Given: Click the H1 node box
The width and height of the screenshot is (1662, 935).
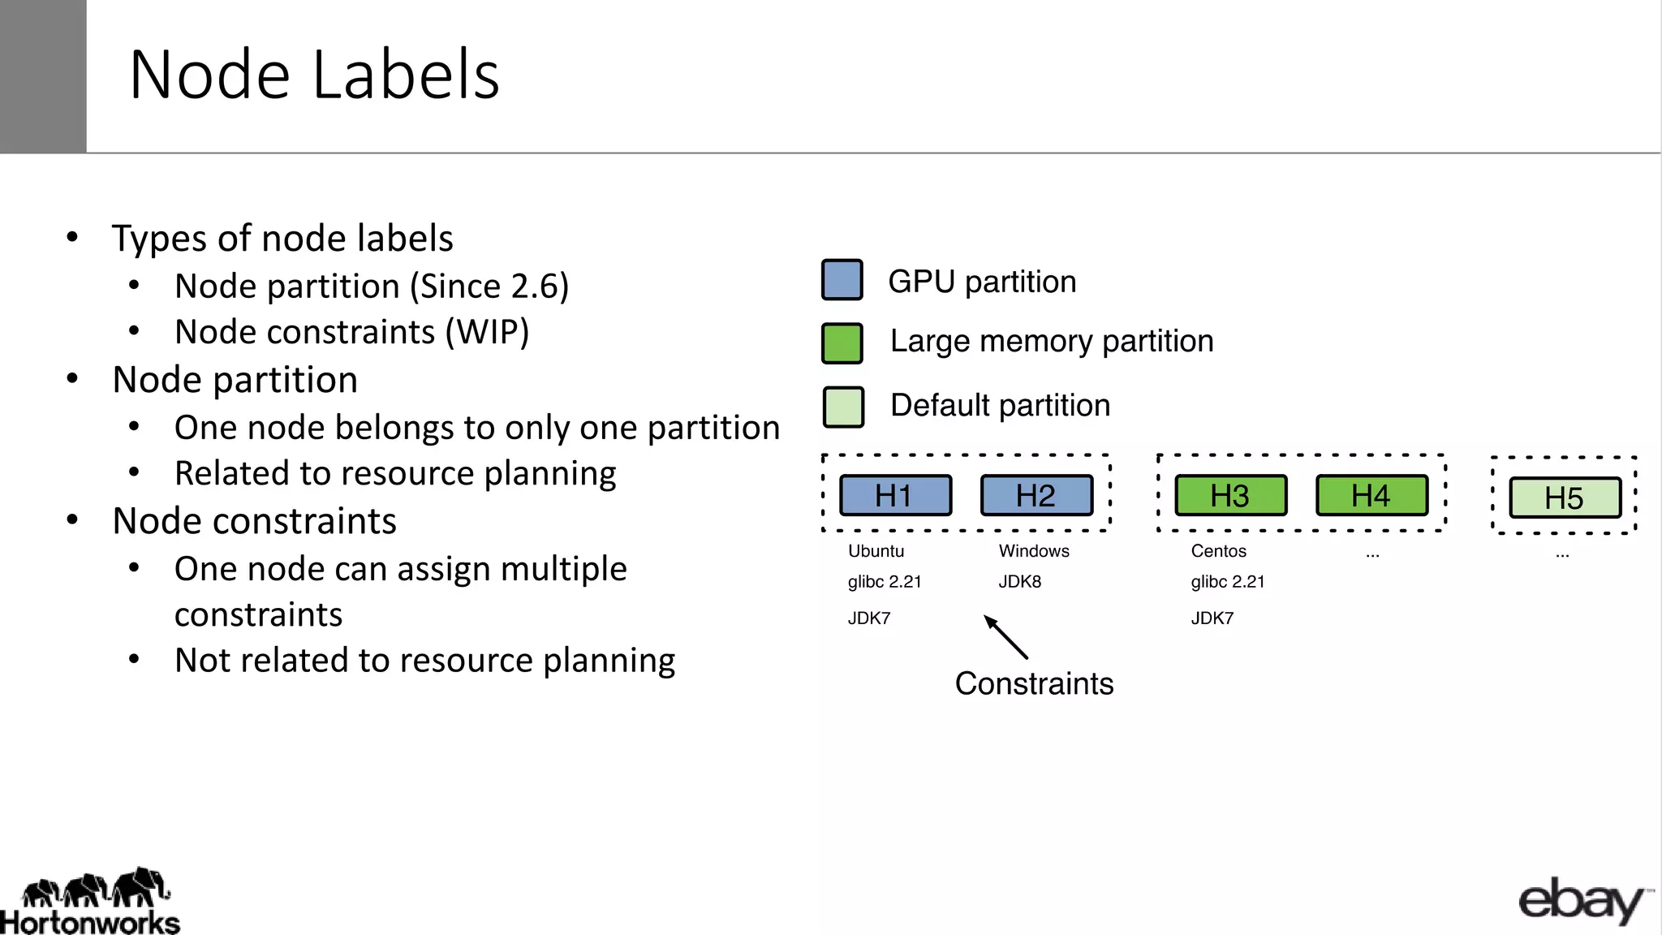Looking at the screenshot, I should point(895,495).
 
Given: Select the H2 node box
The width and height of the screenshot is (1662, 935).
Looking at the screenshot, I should point(1036,495).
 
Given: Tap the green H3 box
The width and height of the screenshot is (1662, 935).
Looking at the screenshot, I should point(1230,495).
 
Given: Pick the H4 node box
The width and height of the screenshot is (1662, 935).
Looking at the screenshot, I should point(1371,495).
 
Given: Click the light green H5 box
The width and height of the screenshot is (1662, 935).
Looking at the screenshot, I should point(1565,498).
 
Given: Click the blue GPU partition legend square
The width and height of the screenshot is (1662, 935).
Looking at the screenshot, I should point(842,280).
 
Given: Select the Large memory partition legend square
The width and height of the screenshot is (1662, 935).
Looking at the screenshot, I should point(842,343).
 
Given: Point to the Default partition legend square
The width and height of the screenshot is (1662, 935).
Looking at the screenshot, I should point(843,407).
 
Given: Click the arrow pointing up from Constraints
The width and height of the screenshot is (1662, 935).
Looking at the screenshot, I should point(1005,637).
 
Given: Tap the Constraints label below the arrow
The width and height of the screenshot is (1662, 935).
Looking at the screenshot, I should point(1034,683).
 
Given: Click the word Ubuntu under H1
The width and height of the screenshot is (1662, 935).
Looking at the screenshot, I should point(876,551).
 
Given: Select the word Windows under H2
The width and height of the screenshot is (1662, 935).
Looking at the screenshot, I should point(1034,551).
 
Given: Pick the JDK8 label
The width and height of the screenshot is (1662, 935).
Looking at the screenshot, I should point(1019,582).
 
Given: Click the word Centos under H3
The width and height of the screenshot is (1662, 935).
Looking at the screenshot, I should point(1218,551).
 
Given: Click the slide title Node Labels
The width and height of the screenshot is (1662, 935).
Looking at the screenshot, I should point(314,75).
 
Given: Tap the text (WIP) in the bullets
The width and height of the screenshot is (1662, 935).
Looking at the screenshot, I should point(487,332).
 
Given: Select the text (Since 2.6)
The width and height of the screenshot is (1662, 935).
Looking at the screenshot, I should point(489,286).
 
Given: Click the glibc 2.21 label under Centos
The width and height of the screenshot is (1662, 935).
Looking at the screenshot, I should point(1228,582).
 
